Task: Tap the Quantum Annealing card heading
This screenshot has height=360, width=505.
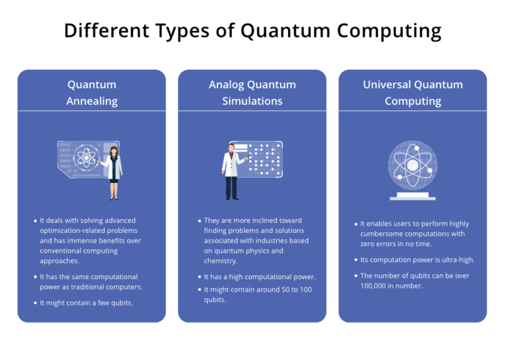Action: coord(91,93)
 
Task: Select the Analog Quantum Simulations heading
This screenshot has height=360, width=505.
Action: coord(252,93)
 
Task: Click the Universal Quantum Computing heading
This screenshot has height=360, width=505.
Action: coord(412,93)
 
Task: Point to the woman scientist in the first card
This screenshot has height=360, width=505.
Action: coord(114,172)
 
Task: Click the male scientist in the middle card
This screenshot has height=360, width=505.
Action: coord(231,170)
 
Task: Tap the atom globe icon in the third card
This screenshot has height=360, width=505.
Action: coord(412,165)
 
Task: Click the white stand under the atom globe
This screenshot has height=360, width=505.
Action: coord(412,196)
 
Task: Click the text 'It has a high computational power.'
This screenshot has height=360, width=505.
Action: coord(260,277)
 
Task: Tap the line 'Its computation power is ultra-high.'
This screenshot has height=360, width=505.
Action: coord(417,259)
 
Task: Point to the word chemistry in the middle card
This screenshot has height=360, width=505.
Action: coord(220,261)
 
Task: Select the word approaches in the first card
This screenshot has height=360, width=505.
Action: coord(59,261)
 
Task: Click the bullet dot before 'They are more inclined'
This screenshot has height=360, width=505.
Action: coord(199,221)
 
